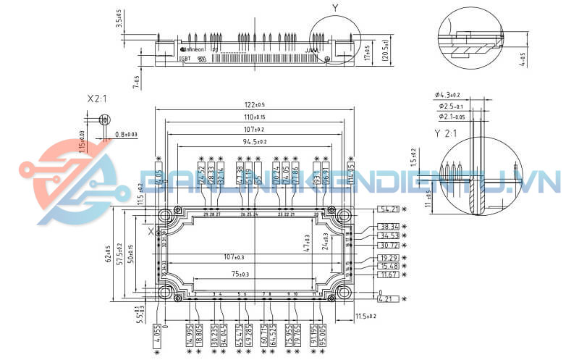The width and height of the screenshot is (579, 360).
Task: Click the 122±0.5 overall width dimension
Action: (x=254, y=105)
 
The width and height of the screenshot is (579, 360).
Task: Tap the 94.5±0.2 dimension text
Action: (x=254, y=141)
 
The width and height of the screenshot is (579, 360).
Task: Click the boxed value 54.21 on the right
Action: (x=389, y=209)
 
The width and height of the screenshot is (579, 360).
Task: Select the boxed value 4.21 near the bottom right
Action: (x=389, y=298)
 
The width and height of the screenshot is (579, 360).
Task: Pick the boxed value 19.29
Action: (x=389, y=257)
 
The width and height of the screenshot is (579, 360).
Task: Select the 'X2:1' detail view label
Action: (x=97, y=98)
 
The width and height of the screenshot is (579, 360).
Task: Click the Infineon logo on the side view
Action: (x=193, y=49)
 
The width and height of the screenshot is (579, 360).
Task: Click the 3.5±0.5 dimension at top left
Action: (x=119, y=18)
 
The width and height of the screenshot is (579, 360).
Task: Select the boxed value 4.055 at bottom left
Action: (x=157, y=334)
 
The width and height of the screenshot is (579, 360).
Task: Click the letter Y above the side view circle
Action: (x=334, y=7)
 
